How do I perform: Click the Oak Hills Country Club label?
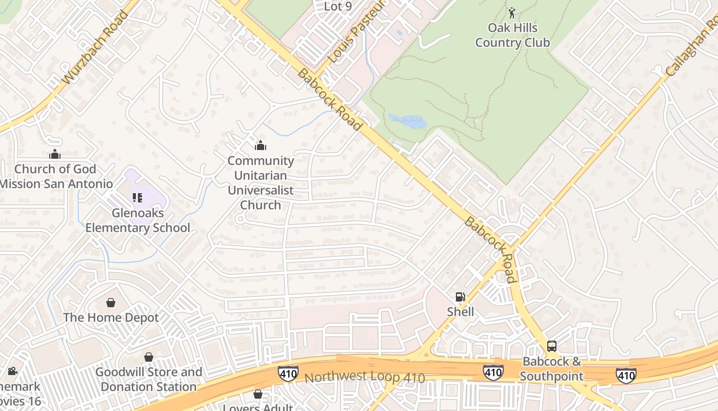[512, 35]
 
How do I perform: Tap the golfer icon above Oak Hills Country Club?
[512, 11]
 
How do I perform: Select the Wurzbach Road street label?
[95, 47]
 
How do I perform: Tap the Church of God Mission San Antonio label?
[55, 176]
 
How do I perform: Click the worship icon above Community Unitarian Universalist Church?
[261, 146]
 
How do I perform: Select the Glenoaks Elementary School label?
[137, 220]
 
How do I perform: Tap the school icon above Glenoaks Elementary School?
[137, 198]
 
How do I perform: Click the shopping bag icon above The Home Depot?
[111, 303]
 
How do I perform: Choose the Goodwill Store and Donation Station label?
[149, 379]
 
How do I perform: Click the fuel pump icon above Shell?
[461, 296]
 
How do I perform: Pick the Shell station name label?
[461, 312]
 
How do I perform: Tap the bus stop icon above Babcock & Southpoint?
[552, 346]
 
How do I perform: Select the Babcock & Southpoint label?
[552, 369]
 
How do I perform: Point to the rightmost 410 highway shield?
[626, 375]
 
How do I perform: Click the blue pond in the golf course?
[408, 122]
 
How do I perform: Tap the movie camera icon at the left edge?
[12, 371]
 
